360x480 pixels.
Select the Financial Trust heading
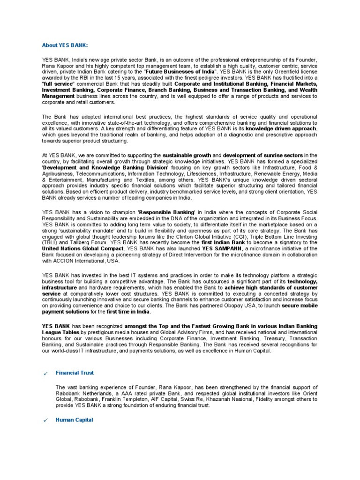(75, 373)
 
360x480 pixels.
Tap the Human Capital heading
(74, 420)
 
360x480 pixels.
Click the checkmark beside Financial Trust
(45, 373)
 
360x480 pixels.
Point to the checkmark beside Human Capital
(45, 420)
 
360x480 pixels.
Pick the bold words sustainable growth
(187, 155)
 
